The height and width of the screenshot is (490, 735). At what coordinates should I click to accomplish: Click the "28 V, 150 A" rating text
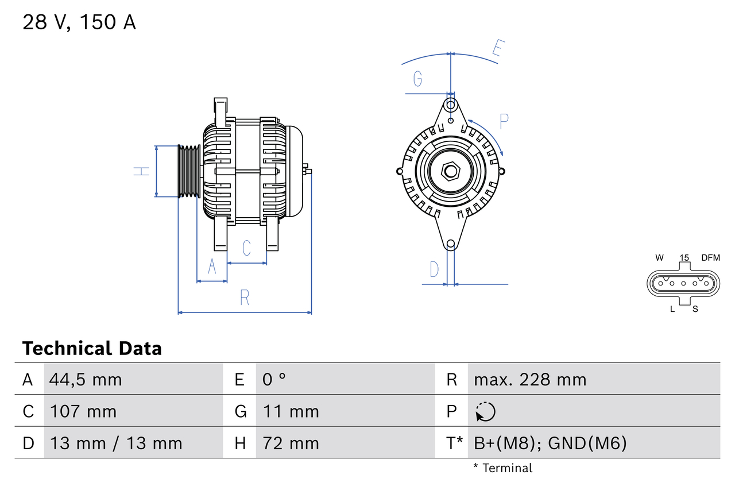[x=79, y=22]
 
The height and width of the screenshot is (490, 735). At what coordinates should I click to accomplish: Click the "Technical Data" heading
[x=92, y=349]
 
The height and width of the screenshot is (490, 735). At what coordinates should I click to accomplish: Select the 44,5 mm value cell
[x=86, y=379]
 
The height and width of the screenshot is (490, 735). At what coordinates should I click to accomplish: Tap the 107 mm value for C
[x=83, y=411]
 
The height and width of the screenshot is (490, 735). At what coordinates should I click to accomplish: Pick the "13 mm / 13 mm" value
[x=116, y=443]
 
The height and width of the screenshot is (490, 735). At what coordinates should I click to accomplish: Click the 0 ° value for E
[x=274, y=379]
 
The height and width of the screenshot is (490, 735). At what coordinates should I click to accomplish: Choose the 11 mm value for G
[x=291, y=411]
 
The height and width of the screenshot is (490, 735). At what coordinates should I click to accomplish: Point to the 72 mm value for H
[x=291, y=443]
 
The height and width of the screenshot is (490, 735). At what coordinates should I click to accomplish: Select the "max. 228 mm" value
[x=530, y=379]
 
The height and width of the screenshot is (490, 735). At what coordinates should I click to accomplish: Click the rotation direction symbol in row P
[x=485, y=411]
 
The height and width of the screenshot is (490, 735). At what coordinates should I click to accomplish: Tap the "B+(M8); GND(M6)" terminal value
[x=550, y=443]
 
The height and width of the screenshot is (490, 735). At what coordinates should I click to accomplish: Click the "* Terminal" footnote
[x=502, y=468]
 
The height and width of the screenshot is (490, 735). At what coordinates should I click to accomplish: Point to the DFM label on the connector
[x=710, y=258]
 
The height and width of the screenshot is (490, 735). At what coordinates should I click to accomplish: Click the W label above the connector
[x=660, y=258]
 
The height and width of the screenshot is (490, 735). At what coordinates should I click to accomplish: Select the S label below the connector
[x=695, y=309]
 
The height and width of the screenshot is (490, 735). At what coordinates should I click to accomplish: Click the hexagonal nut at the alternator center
[x=451, y=171]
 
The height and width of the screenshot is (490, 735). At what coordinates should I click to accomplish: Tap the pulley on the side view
[x=188, y=171]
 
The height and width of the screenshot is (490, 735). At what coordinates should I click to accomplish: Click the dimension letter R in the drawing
[x=245, y=298]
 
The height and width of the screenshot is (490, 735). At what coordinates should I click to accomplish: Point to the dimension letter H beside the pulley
[x=141, y=171]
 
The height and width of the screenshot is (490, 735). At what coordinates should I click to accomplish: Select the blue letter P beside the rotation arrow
[x=504, y=122]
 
